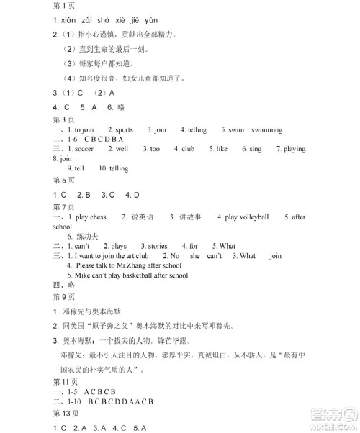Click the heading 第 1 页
[65, 6]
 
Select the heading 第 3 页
[65, 119]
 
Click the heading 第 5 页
[65, 181]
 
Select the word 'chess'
[98, 216]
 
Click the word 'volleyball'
[253, 216]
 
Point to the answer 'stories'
[158, 246]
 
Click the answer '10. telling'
[113, 168]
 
